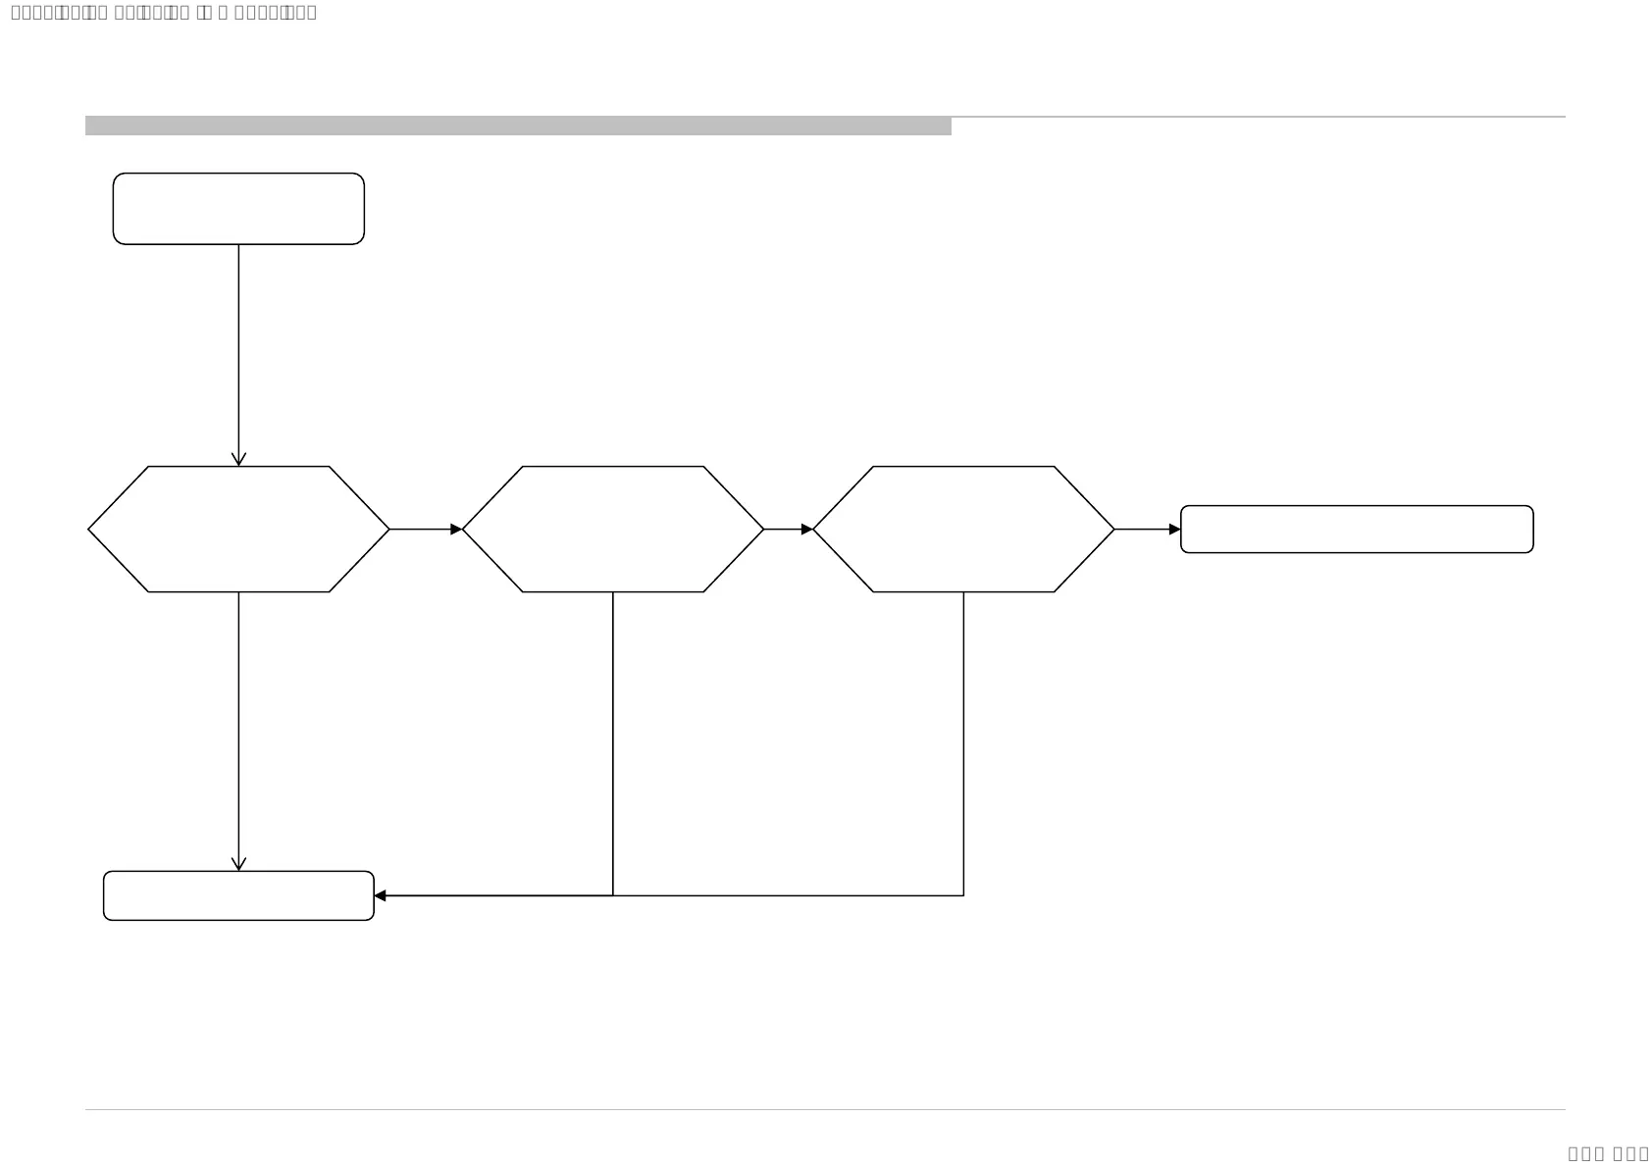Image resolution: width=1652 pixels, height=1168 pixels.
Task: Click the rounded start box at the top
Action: tap(238, 209)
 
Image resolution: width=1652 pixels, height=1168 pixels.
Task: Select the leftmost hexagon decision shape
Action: tap(238, 529)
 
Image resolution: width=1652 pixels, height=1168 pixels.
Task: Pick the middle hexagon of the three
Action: tap(613, 529)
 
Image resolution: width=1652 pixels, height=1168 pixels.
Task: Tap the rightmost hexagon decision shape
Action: tap(963, 529)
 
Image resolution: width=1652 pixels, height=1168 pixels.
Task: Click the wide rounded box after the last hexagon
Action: tap(1357, 530)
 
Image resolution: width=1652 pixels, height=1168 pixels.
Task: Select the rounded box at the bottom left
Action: tap(238, 895)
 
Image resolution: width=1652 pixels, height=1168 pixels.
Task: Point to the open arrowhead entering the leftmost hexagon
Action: tap(238, 459)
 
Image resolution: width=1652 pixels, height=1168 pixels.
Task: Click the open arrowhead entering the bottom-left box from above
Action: tap(238, 864)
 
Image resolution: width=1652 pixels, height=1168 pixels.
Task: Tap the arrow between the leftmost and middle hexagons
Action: tap(426, 530)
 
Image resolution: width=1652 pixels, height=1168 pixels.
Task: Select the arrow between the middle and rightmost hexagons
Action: tap(789, 530)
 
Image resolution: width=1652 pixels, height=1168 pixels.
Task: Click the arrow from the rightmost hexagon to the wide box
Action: tap(1147, 530)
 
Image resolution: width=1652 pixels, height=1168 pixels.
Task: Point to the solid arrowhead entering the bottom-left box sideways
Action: tap(381, 895)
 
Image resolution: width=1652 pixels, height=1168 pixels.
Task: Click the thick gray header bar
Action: tap(518, 126)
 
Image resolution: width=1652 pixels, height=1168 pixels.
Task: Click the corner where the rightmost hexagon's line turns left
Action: tap(963, 895)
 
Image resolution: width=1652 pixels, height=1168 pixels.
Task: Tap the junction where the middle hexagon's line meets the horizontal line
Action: tap(613, 895)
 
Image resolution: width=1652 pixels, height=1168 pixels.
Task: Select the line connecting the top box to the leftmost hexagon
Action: tap(238, 353)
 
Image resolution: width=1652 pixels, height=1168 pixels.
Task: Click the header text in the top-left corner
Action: tap(164, 13)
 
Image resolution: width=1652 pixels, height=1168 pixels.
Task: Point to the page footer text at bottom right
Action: tap(1608, 1154)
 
